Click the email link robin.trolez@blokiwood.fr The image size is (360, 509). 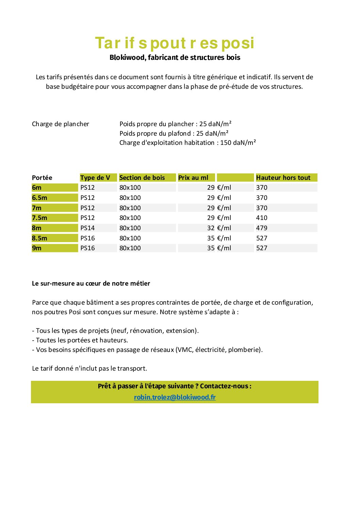click(x=175, y=397)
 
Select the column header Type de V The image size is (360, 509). click(x=95, y=177)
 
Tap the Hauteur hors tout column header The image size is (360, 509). click(x=283, y=177)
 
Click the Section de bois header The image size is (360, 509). click(x=142, y=177)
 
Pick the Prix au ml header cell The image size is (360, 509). click(x=193, y=177)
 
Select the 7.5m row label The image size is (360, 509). click(x=39, y=218)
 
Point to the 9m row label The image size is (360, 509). click(x=37, y=248)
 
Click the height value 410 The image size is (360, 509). click(x=262, y=218)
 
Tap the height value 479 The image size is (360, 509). click(x=262, y=228)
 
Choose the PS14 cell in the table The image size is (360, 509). click(x=87, y=228)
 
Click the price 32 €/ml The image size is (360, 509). click(x=219, y=228)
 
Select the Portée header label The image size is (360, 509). click(x=42, y=177)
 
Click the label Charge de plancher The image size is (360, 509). click(x=61, y=124)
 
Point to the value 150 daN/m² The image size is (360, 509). click(x=238, y=143)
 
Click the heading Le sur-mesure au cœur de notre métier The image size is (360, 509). click(x=91, y=283)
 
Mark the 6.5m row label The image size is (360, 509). click(x=39, y=198)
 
